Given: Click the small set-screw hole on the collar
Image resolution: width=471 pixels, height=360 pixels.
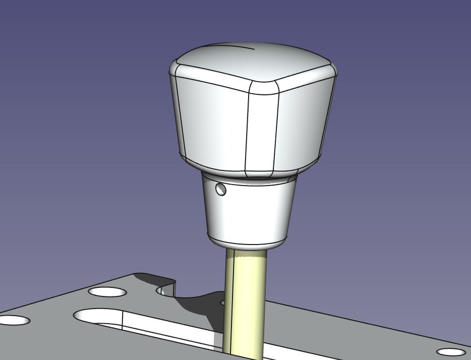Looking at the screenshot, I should [221, 189].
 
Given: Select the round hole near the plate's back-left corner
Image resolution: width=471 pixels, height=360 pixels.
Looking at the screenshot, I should [107, 291].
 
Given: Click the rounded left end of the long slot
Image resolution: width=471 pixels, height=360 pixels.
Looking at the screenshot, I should [88, 316].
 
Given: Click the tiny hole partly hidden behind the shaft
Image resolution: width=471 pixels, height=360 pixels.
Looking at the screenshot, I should [222, 303].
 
